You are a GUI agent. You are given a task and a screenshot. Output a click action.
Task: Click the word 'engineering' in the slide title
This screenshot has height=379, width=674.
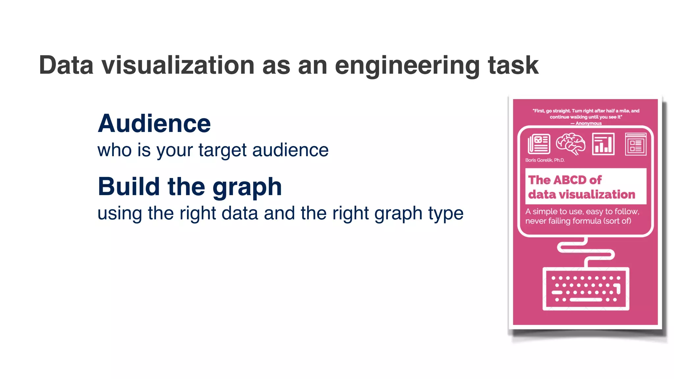click(407, 66)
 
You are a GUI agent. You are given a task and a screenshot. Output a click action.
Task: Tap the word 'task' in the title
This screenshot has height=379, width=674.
click(513, 65)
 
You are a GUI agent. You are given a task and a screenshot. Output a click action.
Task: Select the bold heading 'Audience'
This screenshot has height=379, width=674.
click(154, 124)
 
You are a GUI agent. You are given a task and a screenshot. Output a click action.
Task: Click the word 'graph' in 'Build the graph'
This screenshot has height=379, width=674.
click(247, 188)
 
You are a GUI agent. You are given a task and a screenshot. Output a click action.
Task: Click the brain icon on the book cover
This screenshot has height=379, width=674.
click(571, 144)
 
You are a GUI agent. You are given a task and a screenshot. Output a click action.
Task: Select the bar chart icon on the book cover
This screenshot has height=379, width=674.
click(603, 144)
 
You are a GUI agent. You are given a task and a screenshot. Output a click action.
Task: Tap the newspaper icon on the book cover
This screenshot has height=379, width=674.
click(539, 144)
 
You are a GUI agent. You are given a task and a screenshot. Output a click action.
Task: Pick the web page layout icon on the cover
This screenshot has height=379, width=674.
click(635, 144)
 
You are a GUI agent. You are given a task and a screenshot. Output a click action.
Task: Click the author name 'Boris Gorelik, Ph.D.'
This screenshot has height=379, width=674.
click(545, 160)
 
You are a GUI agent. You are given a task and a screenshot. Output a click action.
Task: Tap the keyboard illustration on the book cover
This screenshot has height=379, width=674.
click(586, 289)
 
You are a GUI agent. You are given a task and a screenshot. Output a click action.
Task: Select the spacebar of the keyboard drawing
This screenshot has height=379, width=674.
click(586, 300)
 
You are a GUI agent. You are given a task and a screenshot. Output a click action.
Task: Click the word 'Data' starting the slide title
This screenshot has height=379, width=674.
click(66, 65)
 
